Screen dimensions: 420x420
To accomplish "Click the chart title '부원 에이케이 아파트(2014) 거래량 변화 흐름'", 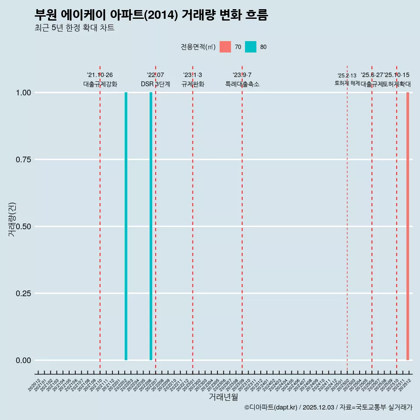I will click(x=151, y=15).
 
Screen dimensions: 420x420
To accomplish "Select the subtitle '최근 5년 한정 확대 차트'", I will click(x=74, y=28).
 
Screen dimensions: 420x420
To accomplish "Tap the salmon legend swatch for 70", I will click(x=225, y=47).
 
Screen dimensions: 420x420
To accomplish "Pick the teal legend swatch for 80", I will click(x=251, y=47).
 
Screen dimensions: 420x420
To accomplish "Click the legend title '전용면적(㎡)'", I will click(x=198, y=47).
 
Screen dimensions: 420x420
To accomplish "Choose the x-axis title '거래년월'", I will click(x=223, y=397).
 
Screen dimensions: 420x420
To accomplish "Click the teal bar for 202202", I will click(x=126, y=226).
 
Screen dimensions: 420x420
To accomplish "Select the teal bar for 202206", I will click(x=151, y=226).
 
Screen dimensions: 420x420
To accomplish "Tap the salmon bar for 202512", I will click(x=408, y=226).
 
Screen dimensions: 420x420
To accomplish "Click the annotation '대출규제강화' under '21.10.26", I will click(x=100, y=84).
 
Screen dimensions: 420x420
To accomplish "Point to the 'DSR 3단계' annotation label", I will click(x=155, y=84).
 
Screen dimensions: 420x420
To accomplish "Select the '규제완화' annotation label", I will click(x=193, y=84).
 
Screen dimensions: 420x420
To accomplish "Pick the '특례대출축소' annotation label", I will click(x=242, y=84).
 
